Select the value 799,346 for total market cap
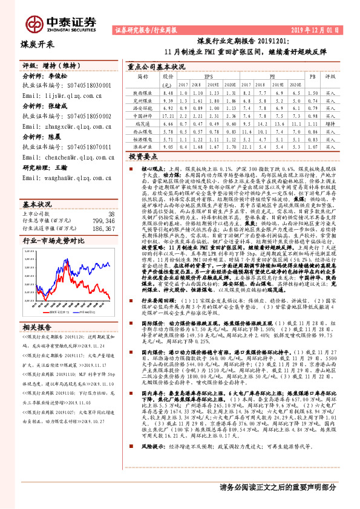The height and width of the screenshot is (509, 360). pos(103,205)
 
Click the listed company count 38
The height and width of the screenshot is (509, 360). pos(111,198)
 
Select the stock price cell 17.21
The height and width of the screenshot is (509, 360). pos(168,115)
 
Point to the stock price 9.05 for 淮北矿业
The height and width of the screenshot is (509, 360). pos(168,145)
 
